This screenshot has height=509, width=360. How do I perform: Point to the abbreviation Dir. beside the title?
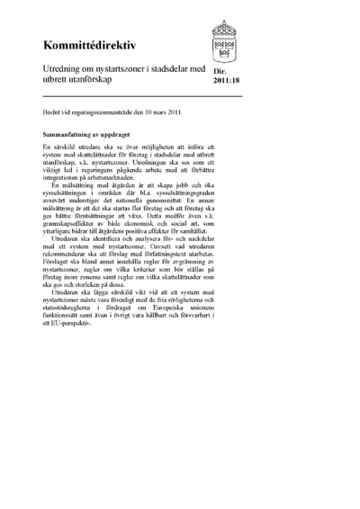[x=221, y=77]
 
